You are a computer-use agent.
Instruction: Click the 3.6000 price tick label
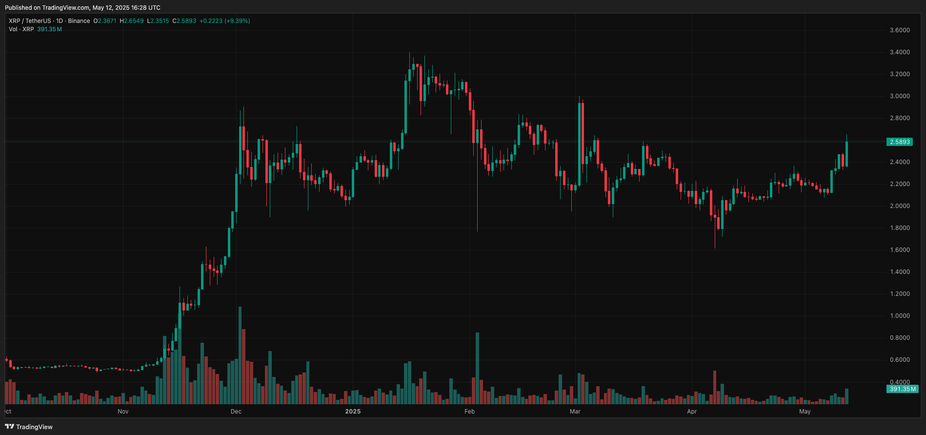pyautogui.click(x=900, y=30)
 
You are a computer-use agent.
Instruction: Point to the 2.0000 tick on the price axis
pyautogui.click(x=900, y=206)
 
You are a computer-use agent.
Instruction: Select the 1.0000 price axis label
pyautogui.click(x=900, y=316)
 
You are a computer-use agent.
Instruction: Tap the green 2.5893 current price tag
pyautogui.click(x=900, y=142)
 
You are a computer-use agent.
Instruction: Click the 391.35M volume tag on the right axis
pyautogui.click(x=902, y=389)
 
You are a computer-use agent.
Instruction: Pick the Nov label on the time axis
pyautogui.click(x=123, y=412)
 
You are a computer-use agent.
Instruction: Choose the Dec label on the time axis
pyautogui.click(x=236, y=412)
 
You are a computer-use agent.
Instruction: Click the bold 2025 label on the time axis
pyautogui.click(x=353, y=412)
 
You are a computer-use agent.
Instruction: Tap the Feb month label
pyautogui.click(x=469, y=412)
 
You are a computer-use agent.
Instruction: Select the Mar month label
pyautogui.click(x=575, y=412)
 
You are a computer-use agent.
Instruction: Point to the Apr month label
pyautogui.click(x=692, y=412)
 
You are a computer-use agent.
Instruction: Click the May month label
pyautogui.click(x=805, y=412)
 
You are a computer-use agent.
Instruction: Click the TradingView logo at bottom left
pyautogui.click(x=29, y=427)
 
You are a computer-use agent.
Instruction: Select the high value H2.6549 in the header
pyautogui.click(x=132, y=21)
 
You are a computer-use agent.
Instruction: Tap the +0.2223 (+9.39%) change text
pyautogui.click(x=224, y=21)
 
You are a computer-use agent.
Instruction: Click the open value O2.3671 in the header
pyautogui.click(x=105, y=21)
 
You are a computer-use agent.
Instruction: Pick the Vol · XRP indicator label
pyautogui.click(x=21, y=29)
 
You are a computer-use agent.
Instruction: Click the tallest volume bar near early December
pyautogui.click(x=240, y=356)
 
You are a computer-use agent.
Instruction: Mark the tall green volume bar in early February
pyautogui.click(x=477, y=369)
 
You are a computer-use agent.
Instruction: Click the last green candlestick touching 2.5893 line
pyautogui.click(x=847, y=154)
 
